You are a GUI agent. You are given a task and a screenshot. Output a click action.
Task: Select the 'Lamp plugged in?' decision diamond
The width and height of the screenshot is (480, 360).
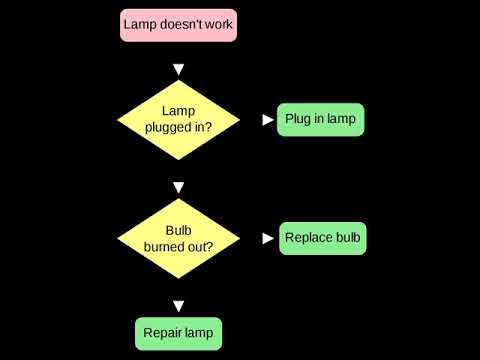click(179, 120)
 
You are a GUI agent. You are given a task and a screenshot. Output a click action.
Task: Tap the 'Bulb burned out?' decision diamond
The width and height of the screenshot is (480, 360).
click(179, 238)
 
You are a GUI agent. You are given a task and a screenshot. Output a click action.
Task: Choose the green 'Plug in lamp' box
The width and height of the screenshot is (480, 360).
click(320, 119)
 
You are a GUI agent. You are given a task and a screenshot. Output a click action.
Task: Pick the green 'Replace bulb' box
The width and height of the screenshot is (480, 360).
click(322, 238)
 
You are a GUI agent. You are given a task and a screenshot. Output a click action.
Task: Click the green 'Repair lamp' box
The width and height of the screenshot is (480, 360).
click(179, 332)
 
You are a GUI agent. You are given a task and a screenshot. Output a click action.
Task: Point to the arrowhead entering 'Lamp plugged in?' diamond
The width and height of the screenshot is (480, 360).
click(179, 70)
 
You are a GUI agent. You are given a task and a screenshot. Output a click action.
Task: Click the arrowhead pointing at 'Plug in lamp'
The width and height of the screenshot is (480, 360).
click(267, 119)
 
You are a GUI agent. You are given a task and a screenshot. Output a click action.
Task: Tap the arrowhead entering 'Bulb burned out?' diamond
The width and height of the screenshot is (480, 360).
click(179, 187)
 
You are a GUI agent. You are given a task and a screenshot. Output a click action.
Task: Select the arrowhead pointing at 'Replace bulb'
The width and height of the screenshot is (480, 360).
click(267, 238)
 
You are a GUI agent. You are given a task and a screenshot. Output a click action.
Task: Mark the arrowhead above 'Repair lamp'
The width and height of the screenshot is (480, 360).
click(179, 305)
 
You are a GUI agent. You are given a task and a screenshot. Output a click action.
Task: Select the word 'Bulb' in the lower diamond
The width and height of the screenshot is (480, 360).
click(178, 229)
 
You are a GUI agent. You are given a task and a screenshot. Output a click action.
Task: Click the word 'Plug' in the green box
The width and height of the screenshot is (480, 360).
click(298, 119)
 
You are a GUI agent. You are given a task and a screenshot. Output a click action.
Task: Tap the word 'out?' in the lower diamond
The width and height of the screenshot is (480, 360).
click(199, 246)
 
